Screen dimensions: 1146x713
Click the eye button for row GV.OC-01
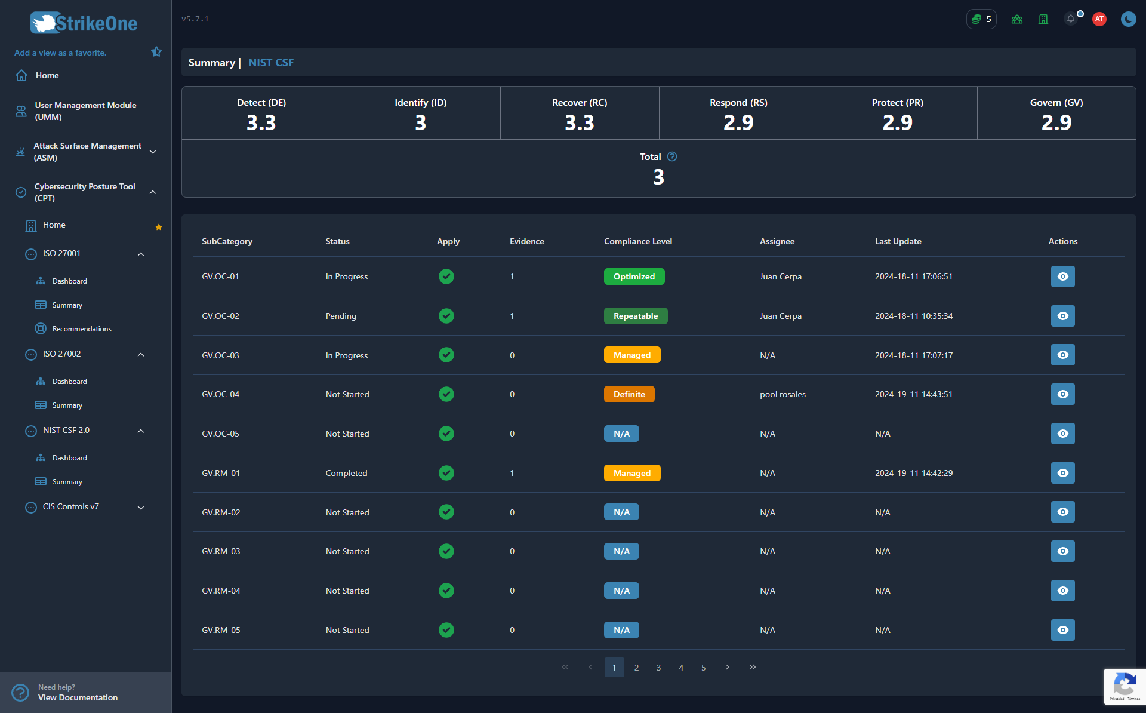point(1062,276)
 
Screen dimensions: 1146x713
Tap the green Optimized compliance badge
point(634,276)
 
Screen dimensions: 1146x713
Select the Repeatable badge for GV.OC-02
point(636,316)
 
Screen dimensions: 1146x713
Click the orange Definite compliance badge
point(629,394)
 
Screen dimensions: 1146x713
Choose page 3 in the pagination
point(658,668)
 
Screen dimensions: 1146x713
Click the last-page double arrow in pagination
point(752,667)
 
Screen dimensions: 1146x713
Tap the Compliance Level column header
point(637,241)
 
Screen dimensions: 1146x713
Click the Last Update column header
point(898,241)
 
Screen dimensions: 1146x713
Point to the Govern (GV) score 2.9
point(1056,122)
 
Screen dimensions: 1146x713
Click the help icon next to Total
point(672,156)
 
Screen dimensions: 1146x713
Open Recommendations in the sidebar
point(82,329)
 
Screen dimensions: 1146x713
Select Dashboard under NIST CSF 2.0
point(70,458)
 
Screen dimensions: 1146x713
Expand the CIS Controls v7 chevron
point(141,508)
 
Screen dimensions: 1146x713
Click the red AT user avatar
point(1099,19)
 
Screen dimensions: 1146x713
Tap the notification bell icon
point(1071,19)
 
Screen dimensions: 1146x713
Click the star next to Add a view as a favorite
point(156,52)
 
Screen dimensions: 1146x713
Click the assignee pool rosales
point(783,394)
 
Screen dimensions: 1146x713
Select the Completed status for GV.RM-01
point(346,473)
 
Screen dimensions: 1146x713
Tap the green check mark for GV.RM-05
point(446,630)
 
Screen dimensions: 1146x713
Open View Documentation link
point(78,697)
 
